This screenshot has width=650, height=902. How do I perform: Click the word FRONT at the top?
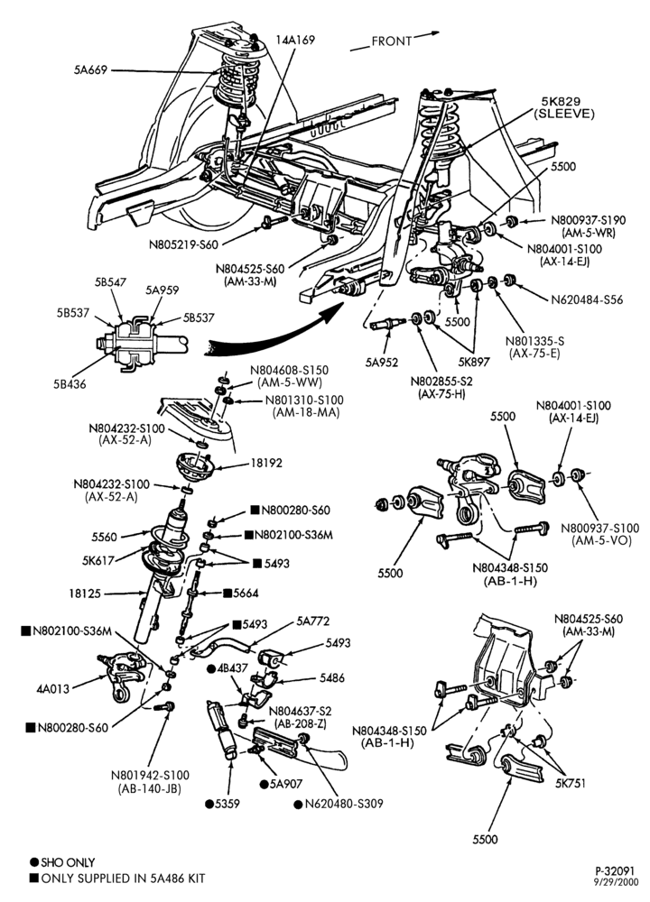tap(392, 41)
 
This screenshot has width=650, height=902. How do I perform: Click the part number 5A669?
tap(90, 70)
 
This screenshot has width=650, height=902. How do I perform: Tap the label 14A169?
tap(295, 40)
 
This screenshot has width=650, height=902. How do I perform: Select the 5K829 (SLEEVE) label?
tap(563, 108)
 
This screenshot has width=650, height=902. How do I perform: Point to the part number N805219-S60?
tap(183, 244)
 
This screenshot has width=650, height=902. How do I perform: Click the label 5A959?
tap(162, 290)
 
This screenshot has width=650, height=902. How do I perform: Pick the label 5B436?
tap(70, 384)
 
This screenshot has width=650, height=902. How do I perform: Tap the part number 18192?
tap(266, 463)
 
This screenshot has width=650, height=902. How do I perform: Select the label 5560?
tap(104, 537)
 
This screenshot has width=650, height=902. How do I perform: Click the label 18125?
tap(85, 593)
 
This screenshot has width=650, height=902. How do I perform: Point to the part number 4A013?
tap(53, 688)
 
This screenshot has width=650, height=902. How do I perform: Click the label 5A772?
tap(313, 621)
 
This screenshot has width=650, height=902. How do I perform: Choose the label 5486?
tap(332, 677)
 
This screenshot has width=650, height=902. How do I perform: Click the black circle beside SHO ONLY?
tap(34, 862)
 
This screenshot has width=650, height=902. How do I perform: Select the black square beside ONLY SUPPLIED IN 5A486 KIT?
tap(34, 879)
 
